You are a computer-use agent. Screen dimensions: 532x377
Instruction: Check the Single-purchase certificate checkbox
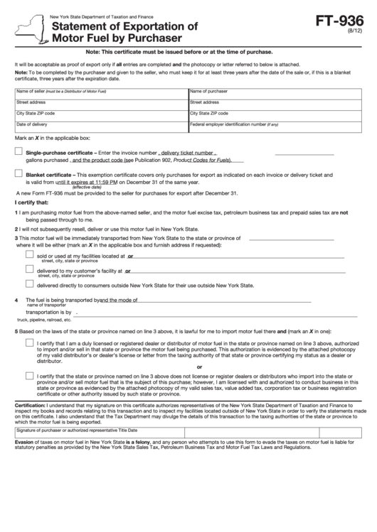pyautogui.click(x=18, y=151)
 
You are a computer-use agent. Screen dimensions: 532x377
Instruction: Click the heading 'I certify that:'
pyautogui.click(x=30, y=203)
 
